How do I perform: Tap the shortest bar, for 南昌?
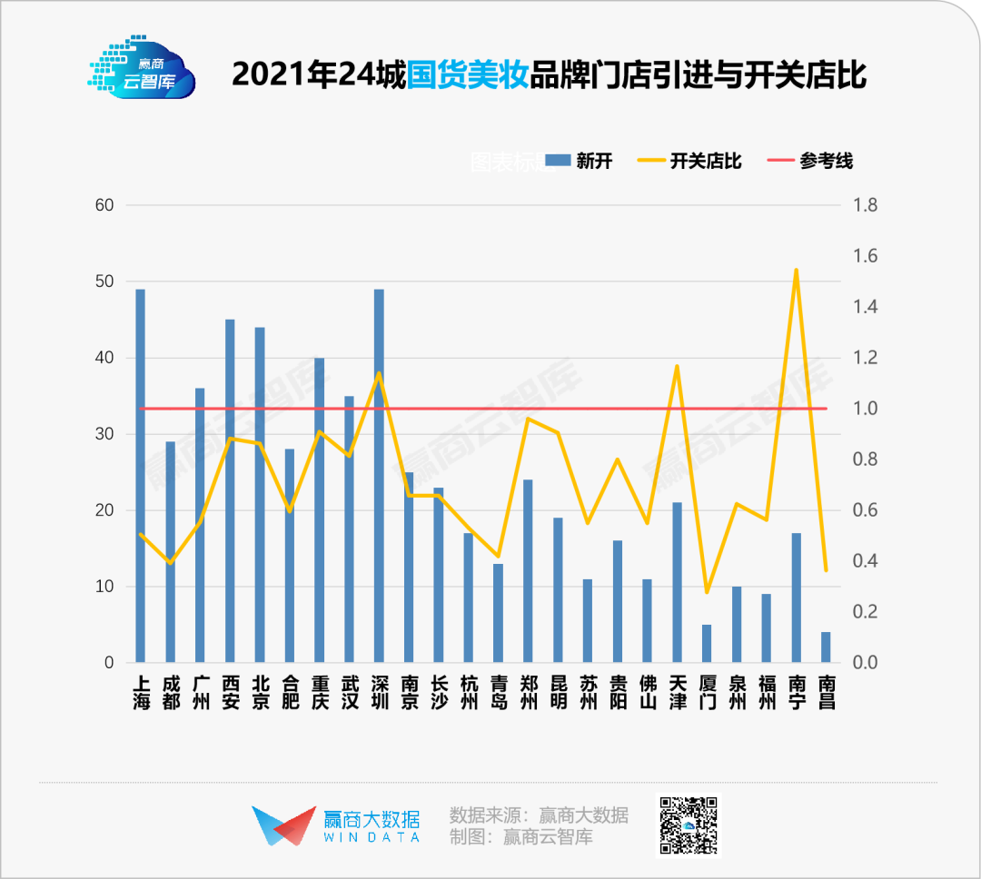[826, 647]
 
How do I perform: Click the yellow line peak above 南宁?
[796, 270]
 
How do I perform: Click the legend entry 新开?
[580, 162]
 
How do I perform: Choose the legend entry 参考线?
[812, 162]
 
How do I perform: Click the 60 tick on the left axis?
[104, 205]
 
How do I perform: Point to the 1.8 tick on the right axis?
[865, 205]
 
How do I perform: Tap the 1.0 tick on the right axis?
[865, 409]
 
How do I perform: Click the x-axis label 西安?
[230, 692]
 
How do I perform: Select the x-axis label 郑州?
[528, 692]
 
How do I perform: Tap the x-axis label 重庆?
[319, 692]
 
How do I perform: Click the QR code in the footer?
[689, 825]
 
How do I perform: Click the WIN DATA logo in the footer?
[336, 825]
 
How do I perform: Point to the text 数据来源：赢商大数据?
[539, 815]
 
